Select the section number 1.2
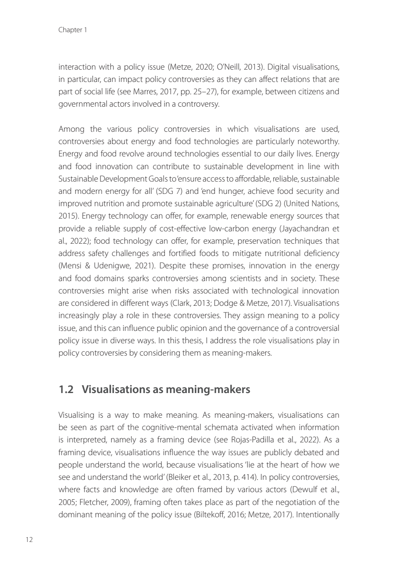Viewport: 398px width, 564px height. tap(66, 390)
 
